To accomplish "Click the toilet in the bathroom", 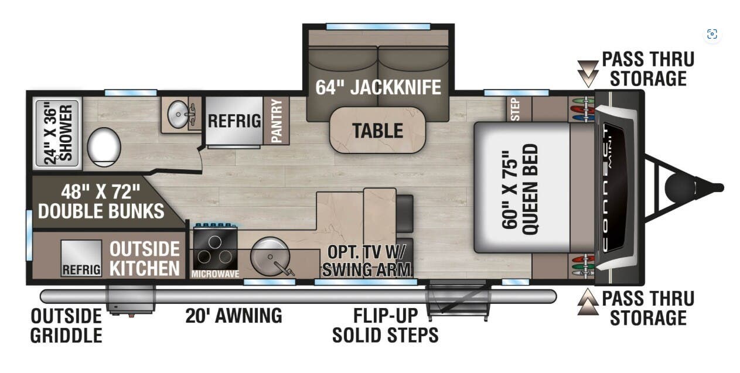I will [104, 146].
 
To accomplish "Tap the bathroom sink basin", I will [178, 112].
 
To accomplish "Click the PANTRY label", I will [277, 120].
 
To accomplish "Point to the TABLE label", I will [377, 130].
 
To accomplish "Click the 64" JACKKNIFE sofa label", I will [378, 88].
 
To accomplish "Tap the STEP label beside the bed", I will [515, 109].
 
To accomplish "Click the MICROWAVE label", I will [215, 273].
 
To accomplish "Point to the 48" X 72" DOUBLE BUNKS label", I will [101, 200].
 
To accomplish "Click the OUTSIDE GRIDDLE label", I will [66, 326].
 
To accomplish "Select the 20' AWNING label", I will [233, 316].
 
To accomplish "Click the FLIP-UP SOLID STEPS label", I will [385, 325].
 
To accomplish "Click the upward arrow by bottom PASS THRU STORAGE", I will [588, 304].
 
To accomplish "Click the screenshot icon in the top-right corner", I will [712, 34].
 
